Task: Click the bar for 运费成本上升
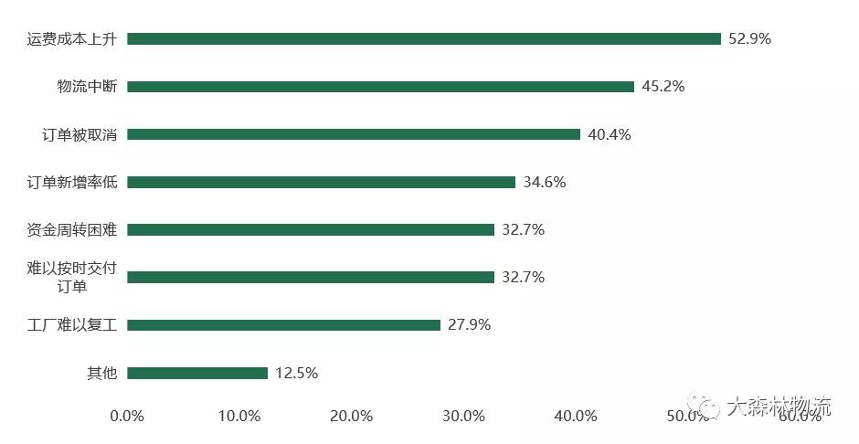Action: coord(424,39)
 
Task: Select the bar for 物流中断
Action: coord(380,87)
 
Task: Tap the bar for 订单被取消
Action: coord(354,134)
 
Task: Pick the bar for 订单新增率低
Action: coord(321,182)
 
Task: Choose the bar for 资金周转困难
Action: coord(311,229)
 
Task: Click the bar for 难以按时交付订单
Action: coord(311,277)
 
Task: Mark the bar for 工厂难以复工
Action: coord(283,325)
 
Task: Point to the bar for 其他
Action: coord(197,373)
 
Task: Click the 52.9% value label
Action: coord(749,39)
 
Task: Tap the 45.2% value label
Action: coord(663,87)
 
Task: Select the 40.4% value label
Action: coord(609,134)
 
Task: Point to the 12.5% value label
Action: coord(296,373)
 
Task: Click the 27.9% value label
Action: coord(469,325)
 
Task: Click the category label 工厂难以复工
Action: coord(73,325)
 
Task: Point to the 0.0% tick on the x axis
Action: coord(127,416)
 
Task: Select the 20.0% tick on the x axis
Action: coord(351,416)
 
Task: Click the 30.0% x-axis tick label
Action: coord(463,416)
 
